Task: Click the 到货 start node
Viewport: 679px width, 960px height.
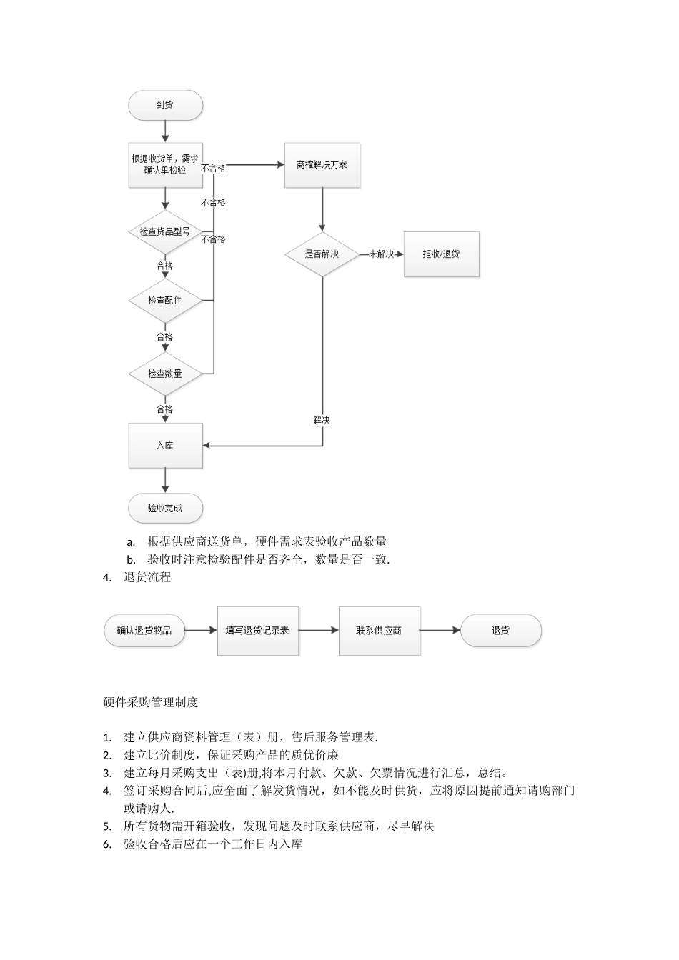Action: tap(165, 105)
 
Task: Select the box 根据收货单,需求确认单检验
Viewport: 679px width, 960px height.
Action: tap(165, 165)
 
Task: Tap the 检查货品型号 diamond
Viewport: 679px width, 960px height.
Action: tap(165, 231)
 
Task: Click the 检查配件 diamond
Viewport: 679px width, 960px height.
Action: tap(165, 301)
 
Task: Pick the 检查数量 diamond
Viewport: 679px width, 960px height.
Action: tap(165, 374)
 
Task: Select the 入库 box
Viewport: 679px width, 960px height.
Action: tap(165, 446)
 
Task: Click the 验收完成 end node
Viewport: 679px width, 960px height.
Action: tap(165, 509)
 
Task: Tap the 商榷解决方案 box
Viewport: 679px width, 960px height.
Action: tap(322, 165)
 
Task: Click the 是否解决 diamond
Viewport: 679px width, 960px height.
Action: tap(322, 254)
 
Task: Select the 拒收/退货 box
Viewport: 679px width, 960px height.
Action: tap(441, 254)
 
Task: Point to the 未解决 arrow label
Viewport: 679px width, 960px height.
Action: tap(381, 254)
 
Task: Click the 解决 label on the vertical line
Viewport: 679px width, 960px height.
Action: tap(322, 421)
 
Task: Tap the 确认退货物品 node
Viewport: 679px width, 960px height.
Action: tap(144, 631)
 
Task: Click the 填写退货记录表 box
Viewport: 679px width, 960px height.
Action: tap(257, 631)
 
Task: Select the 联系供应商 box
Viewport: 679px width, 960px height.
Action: tap(379, 631)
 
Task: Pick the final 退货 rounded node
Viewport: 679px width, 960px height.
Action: tap(500, 631)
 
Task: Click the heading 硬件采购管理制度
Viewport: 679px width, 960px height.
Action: tap(151, 702)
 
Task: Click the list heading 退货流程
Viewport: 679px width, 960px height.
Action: tap(147, 578)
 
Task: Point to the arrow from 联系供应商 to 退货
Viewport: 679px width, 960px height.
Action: tap(440, 631)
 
